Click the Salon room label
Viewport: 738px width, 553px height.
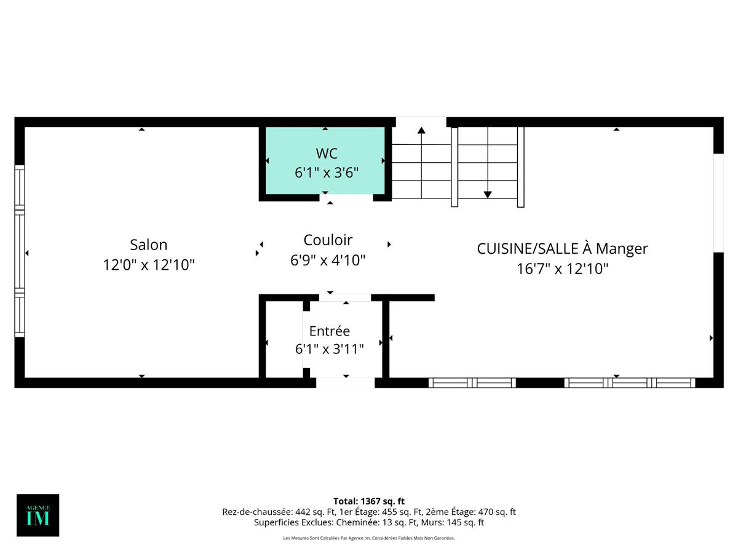148,245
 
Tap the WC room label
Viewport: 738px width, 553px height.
327,153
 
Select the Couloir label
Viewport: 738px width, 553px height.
328,240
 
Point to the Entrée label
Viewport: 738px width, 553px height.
329,331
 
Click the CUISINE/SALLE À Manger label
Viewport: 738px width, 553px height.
562,249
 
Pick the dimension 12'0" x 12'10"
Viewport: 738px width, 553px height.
148,265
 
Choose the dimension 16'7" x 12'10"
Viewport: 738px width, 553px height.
562,269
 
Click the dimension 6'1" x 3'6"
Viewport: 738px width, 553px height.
327,173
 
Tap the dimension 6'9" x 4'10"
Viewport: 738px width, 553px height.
328,261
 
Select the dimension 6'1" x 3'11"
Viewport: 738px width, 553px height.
329,350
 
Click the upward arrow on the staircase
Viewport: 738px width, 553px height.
421,130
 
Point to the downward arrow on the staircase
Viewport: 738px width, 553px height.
488,194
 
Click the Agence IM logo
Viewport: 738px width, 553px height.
38,515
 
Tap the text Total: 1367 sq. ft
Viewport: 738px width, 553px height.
369,501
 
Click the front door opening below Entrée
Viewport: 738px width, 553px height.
345,383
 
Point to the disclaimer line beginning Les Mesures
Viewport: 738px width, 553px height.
369,538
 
